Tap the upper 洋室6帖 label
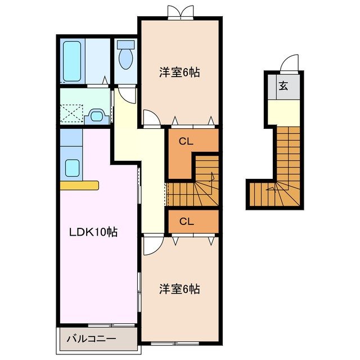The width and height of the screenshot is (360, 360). (179, 72)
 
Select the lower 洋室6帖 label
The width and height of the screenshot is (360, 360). (179, 289)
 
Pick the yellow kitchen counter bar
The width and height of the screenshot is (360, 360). (79, 185)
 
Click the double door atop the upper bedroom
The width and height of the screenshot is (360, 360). (179, 11)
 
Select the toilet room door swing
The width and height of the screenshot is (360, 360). (127, 93)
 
